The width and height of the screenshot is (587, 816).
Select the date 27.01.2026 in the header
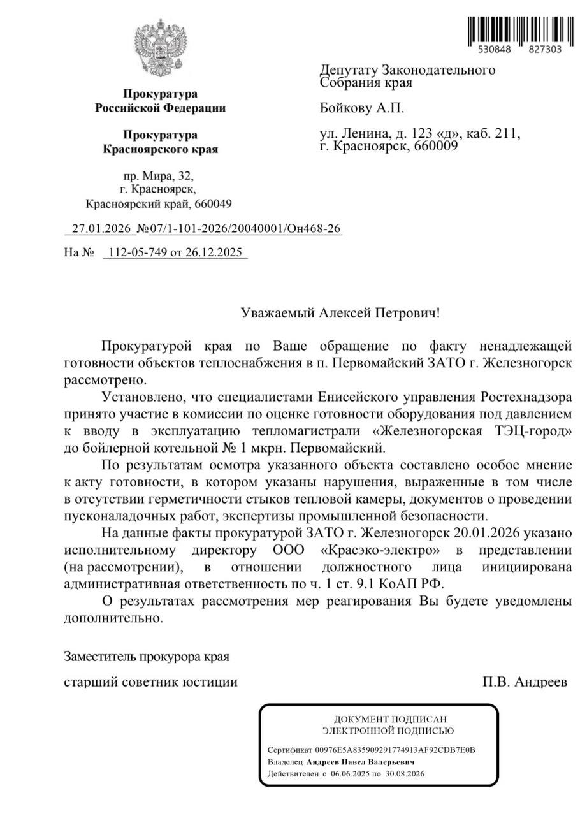(x=101, y=228)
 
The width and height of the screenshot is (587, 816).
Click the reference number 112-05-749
(x=137, y=252)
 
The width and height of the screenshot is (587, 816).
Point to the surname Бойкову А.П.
(x=362, y=108)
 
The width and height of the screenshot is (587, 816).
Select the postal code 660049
(x=210, y=204)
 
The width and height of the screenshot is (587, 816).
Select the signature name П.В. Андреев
(x=525, y=682)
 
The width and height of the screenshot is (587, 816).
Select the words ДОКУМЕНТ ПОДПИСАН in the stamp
(x=379, y=719)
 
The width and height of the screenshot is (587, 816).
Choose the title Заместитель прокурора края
(x=147, y=656)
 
